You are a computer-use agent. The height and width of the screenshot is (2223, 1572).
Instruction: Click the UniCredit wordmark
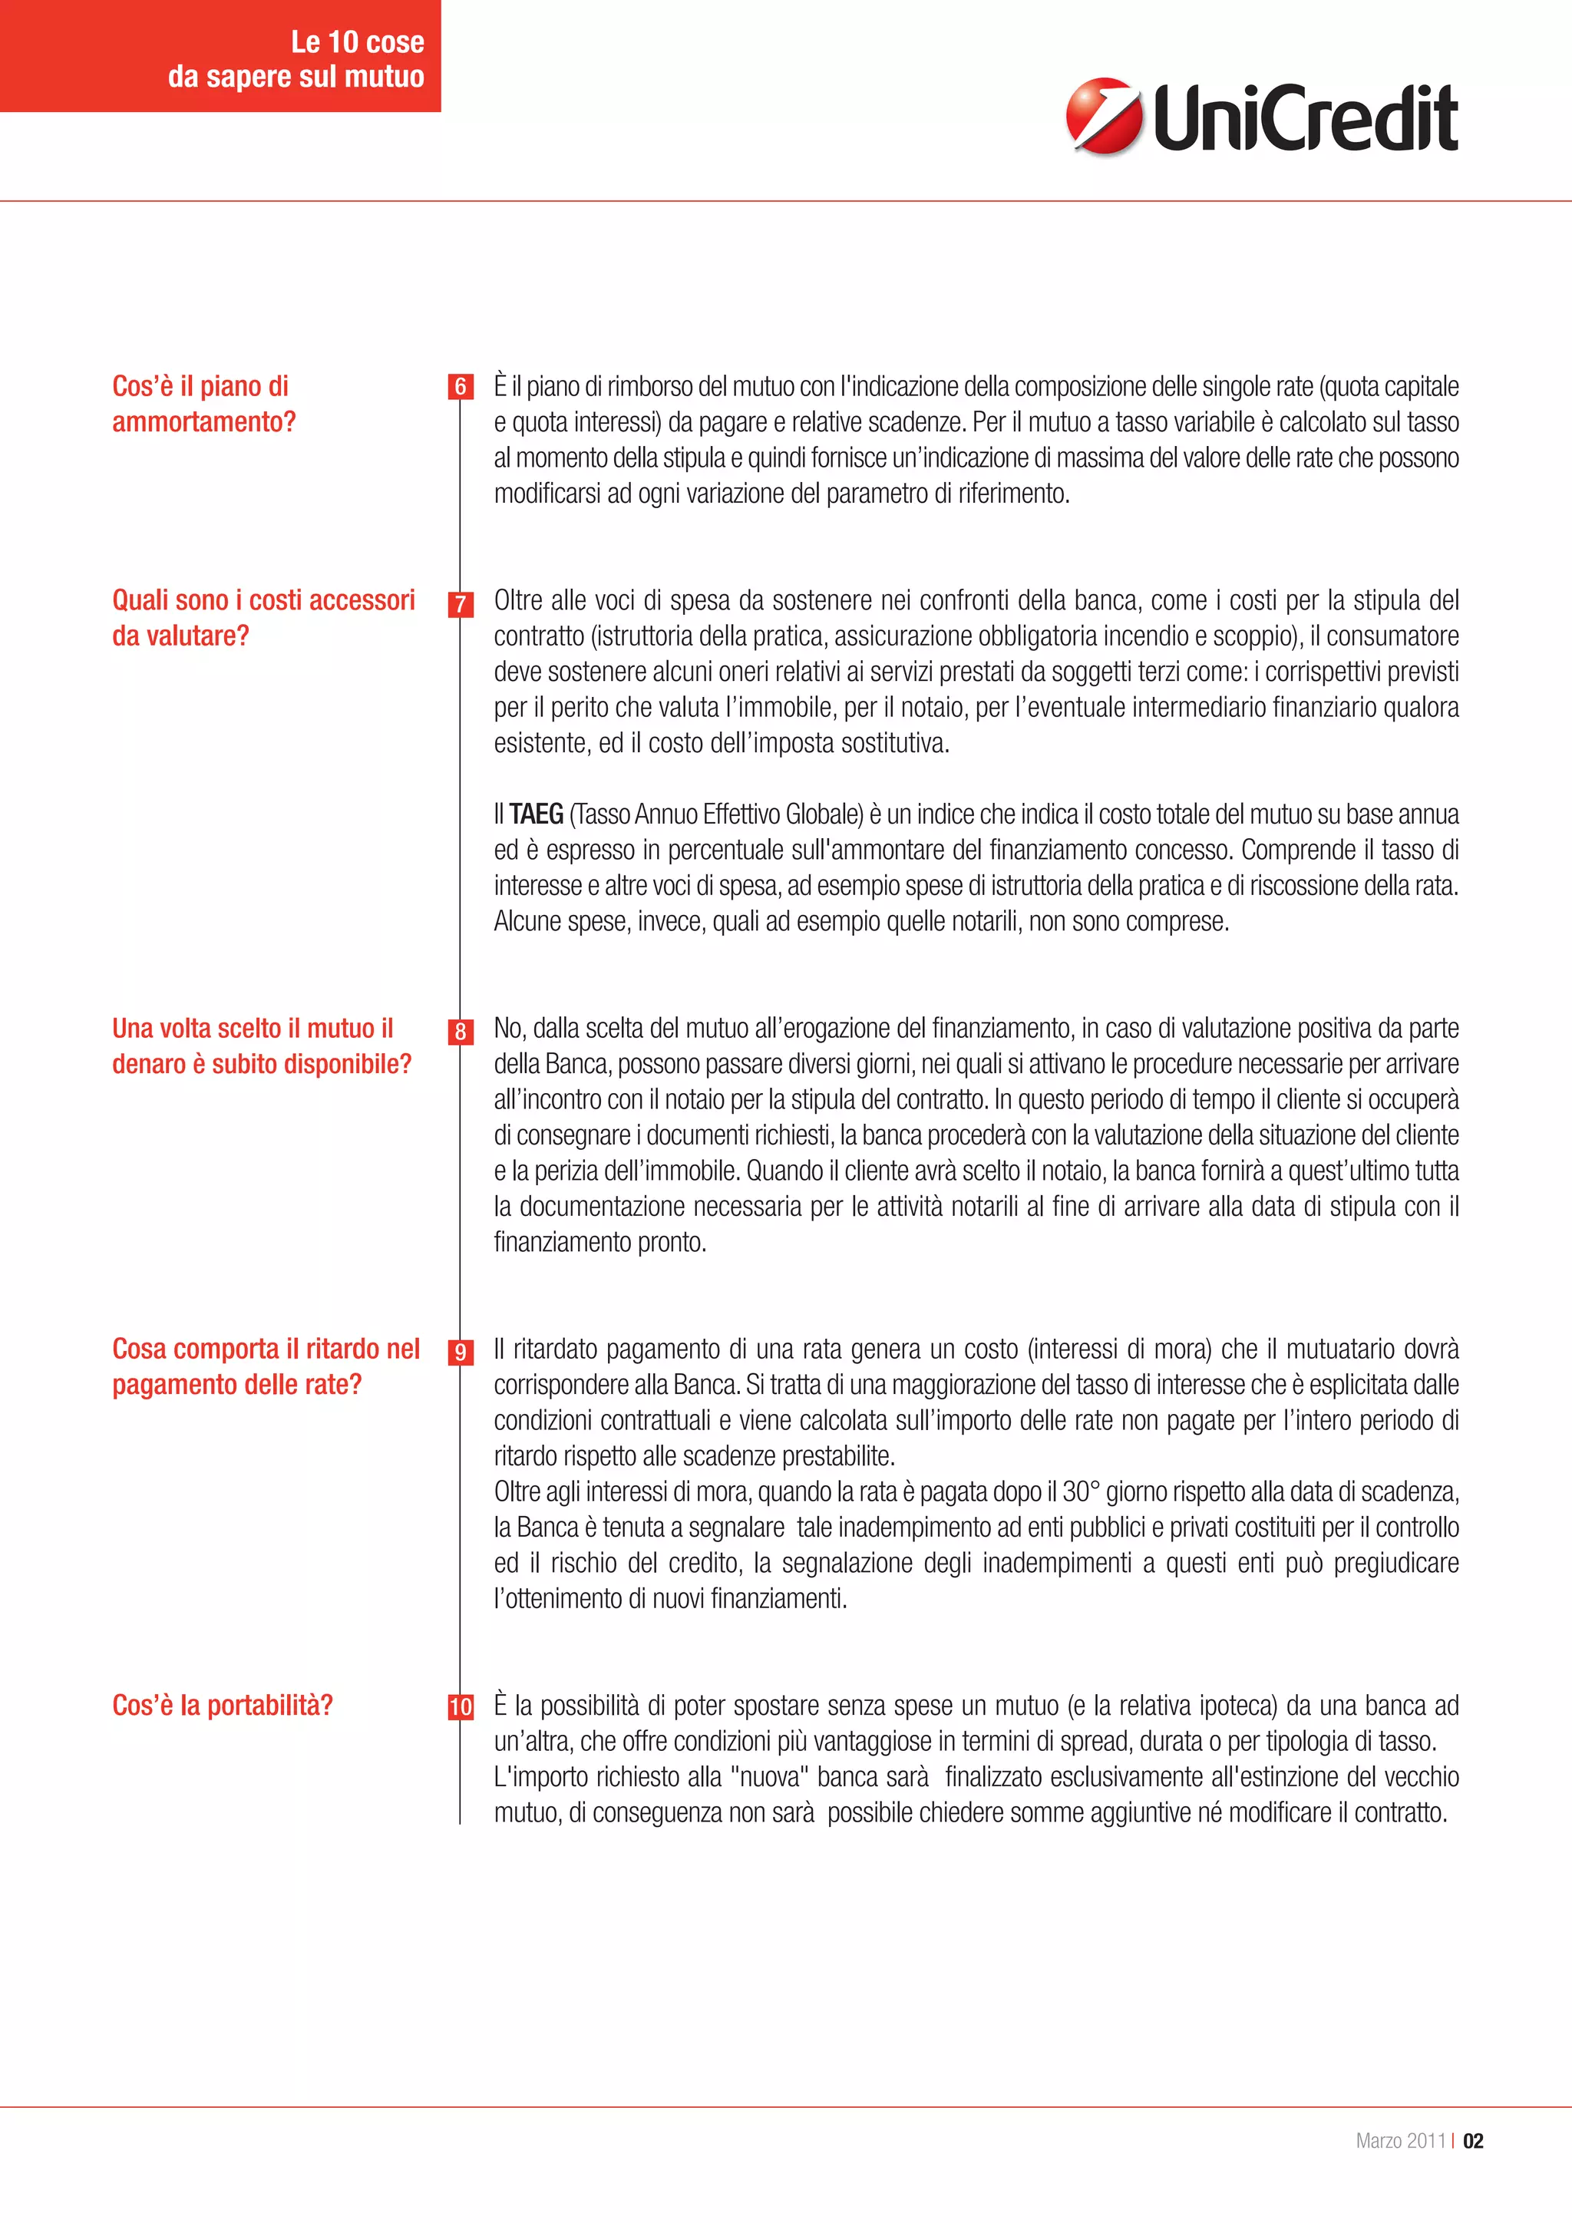pos(1305,118)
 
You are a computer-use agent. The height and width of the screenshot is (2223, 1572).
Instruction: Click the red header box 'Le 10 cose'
pos(221,56)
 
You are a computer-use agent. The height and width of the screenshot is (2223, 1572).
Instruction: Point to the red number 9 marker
pos(461,1353)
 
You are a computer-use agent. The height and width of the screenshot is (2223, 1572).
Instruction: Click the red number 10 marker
pos(461,1707)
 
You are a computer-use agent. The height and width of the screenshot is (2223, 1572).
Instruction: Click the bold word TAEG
pos(537,814)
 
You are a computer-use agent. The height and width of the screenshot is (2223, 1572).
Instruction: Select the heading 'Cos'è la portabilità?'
pos(223,1705)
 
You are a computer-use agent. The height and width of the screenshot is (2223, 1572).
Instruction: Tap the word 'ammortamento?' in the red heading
pos(204,422)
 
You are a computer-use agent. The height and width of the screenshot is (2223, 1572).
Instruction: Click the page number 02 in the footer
pos(1472,2141)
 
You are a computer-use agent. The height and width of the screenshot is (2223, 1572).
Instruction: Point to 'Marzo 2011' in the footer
pos(1400,2141)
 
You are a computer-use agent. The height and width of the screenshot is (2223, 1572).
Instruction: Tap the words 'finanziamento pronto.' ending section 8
pos(600,1242)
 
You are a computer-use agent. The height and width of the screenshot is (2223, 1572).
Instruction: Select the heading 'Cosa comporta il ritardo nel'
pos(266,1349)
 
